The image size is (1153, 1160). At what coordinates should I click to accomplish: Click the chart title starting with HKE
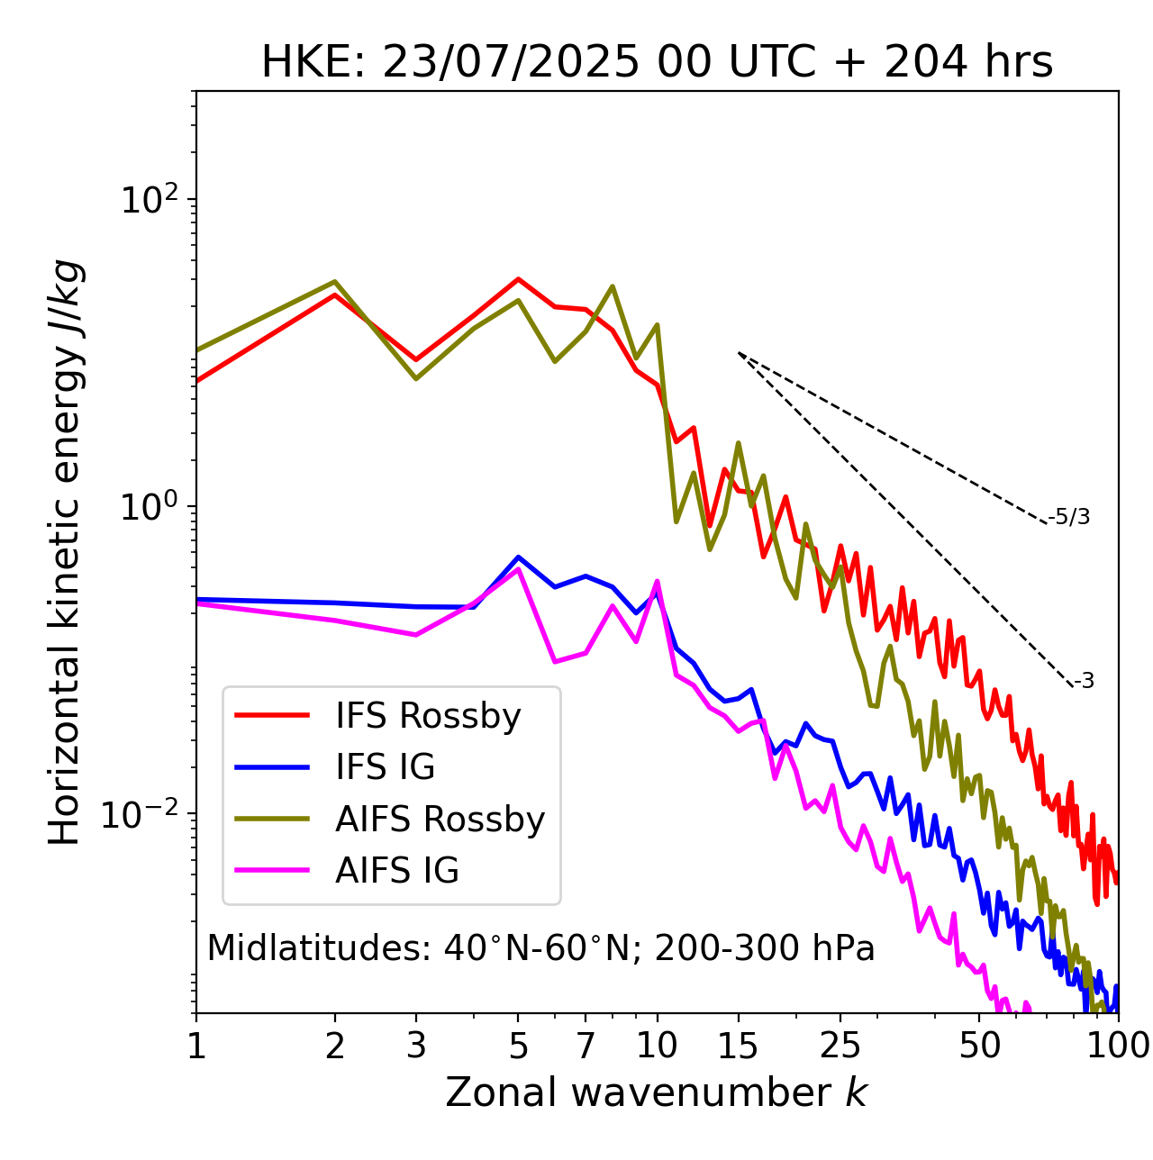[657, 63]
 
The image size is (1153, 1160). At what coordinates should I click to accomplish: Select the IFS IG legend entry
[385, 767]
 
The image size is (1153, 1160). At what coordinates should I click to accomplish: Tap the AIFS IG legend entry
[397, 871]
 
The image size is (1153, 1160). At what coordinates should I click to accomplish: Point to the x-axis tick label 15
[738, 1046]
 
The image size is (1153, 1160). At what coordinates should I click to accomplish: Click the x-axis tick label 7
[586, 1046]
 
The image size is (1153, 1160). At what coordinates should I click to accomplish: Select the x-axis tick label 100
[1118, 1046]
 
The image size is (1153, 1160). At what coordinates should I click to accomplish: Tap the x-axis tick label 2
[335, 1046]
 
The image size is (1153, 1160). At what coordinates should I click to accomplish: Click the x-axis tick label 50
[979, 1046]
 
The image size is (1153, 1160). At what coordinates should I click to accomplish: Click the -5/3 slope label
[1069, 518]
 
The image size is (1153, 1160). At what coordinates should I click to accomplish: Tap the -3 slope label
[1084, 682]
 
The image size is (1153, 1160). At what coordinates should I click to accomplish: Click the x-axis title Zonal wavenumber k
[657, 1092]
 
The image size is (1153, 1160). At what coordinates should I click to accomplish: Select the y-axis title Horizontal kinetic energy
[65, 552]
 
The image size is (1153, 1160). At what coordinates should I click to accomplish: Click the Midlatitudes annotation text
[540, 948]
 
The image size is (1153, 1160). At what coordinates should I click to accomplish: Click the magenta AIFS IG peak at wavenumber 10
[657, 582]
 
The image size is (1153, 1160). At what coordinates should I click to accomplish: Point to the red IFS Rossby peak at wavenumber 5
[518, 279]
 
